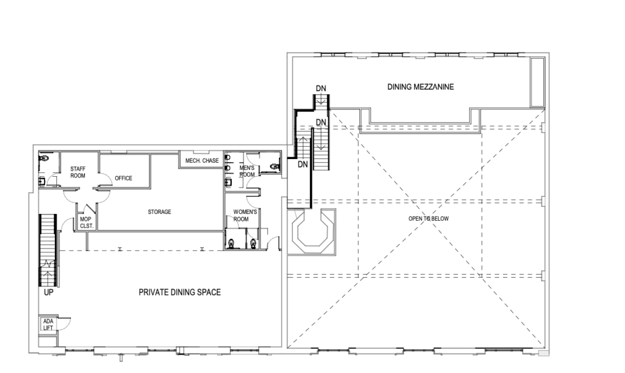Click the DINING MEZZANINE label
(421, 87)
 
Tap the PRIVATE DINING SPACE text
(179, 293)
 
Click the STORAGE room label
(159, 212)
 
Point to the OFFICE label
(123, 179)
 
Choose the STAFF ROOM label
(78, 171)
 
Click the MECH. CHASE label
(199, 161)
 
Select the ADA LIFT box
(48, 325)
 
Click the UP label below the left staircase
(48, 293)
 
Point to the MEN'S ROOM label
(246, 171)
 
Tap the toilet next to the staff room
(43, 157)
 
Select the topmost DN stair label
(321, 88)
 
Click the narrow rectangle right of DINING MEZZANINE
(536, 82)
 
